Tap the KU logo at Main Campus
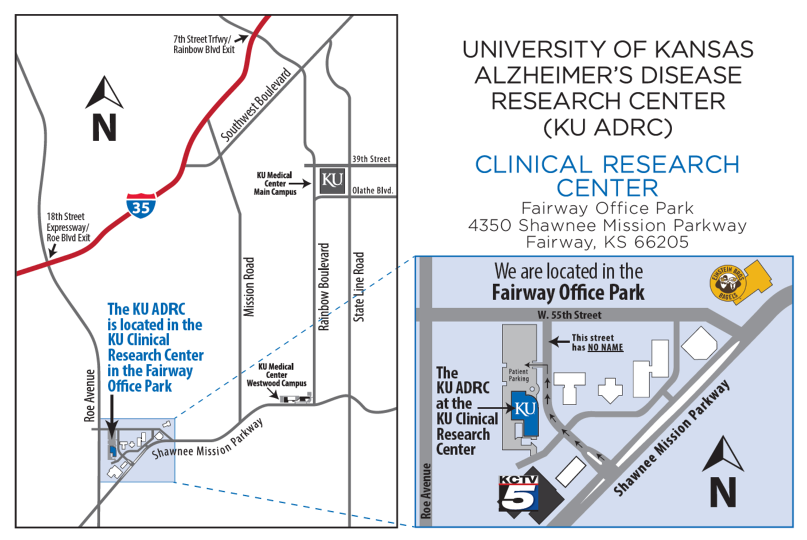click(332, 180)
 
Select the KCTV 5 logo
click(518, 493)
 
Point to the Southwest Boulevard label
click(256, 104)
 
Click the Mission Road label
click(249, 286)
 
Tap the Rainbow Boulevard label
click(324, 286)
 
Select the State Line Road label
click(358, 286)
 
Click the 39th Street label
click(371, 159)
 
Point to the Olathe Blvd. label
click(373, 191)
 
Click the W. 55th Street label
click(569, 315)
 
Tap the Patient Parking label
click(518, 375)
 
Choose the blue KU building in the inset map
click(524, 411)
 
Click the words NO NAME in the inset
click(605, 347)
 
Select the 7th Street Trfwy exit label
click(204, 44)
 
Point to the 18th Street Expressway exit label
click(68, 227)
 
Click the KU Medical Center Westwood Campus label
click(276, 375)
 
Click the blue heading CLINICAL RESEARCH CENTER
click(607, 176)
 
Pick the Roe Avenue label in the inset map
click(426, 491)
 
